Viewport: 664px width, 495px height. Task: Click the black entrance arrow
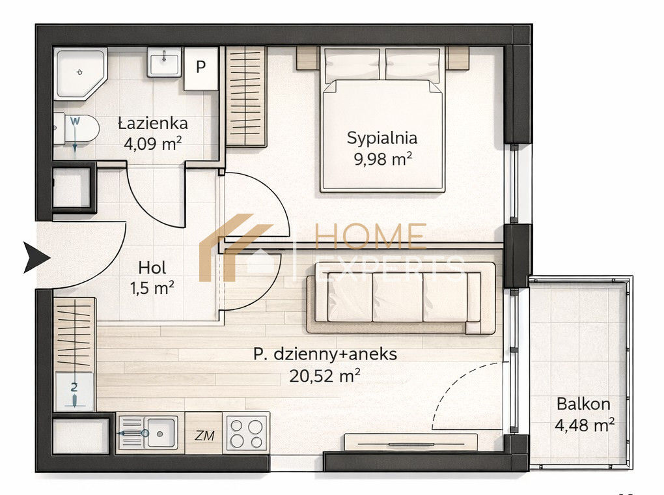[x=36, y=257]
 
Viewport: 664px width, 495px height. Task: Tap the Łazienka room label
[x=153, y=123]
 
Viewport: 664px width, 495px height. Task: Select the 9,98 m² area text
[x=383, y=159]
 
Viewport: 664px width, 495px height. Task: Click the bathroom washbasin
[x=164, y=62]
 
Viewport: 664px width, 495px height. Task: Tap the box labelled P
[x=201, y=68]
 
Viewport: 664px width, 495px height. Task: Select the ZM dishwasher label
[x=204, y=435]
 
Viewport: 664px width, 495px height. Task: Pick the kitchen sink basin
[x=161, y=432]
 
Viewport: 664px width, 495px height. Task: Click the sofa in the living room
[x=401, y=298]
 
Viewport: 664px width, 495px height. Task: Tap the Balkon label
[x=583, y=404]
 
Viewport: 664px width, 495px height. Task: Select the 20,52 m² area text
[x=325, y=375]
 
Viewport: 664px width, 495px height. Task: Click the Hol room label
[x=152, y=268]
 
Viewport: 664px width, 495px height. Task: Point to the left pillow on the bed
[x=352, y=64]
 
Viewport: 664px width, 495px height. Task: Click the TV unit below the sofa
[x=411, y=442]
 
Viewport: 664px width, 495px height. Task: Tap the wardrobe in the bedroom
[x=246, y=96]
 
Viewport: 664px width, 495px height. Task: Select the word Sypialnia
[x=382, y=138]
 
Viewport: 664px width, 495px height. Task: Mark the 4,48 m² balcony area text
[x=585, y=425]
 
